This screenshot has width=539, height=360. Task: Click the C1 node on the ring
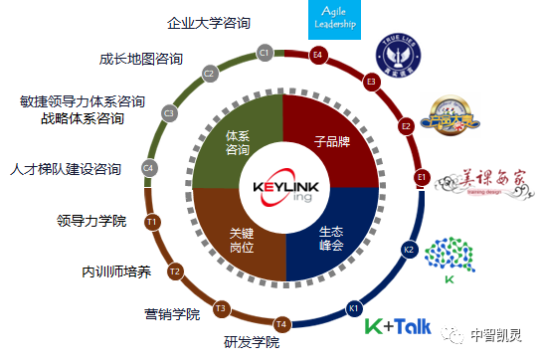click(x=264, y=52)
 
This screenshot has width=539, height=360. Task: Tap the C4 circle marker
click(x=149, y=168)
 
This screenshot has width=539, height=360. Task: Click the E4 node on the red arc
click(x=318, y=54)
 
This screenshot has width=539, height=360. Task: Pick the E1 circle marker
click(x=421, y=177)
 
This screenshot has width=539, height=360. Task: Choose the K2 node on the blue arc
click(x=409, y=249)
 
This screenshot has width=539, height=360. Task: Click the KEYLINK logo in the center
click(x=283, y=188)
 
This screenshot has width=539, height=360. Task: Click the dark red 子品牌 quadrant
click(x=332, y=141)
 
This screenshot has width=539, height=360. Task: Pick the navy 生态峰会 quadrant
click(x=331, y=237)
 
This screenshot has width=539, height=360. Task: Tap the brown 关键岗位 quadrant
click(x=237, y=236)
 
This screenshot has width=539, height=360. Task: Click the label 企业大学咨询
click(x=209, y=21)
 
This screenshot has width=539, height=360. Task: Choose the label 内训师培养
click(x=117, y=270)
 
